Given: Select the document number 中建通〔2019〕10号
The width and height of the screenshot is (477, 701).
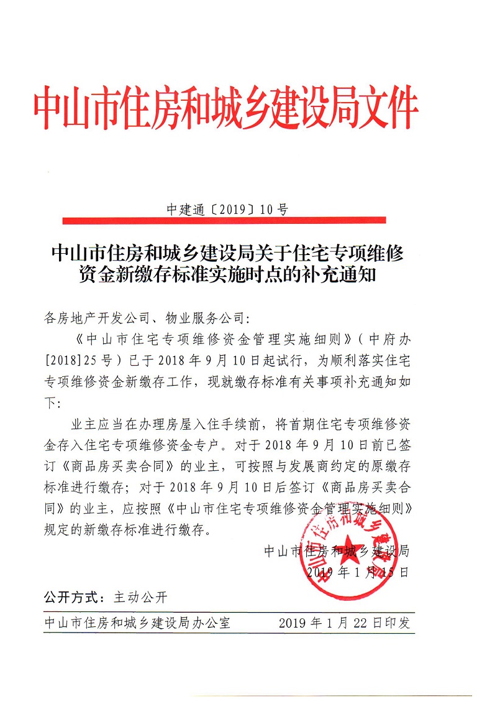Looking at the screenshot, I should point(227,210).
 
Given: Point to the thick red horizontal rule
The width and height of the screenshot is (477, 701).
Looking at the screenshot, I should point(224,220).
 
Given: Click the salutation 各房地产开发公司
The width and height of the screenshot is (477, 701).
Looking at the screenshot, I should point(93,319).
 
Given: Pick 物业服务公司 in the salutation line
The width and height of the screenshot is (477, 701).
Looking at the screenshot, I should point(206,319).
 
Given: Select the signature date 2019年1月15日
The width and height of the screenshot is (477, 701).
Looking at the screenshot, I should point(358,572).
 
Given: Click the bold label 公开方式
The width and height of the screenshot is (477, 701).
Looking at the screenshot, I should point(72,598).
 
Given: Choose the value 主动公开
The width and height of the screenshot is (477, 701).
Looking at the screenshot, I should point(141,598).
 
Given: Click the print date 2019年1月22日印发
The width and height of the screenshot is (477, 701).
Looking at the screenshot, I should point(344,623).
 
